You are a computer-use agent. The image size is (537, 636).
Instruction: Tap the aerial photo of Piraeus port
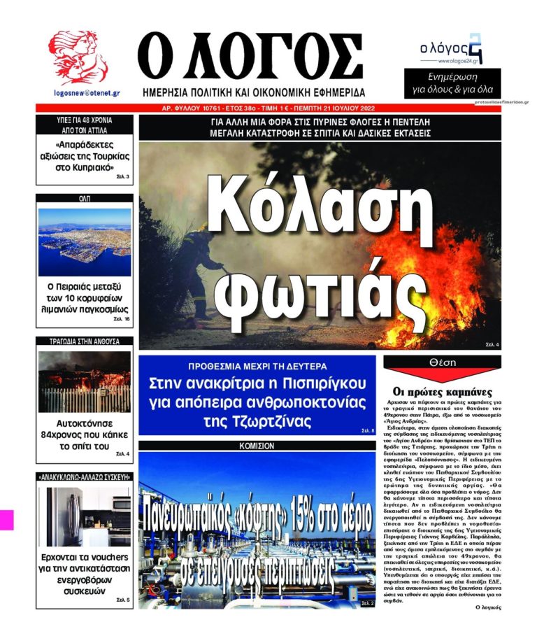pos(85,241)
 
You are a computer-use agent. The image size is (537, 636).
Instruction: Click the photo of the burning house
pos(84,381)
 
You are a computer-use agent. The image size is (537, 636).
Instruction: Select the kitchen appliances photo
pos(84,518)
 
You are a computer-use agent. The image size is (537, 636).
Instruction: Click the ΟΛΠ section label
pos(84,199)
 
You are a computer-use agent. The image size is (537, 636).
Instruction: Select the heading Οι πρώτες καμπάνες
pos(442,392)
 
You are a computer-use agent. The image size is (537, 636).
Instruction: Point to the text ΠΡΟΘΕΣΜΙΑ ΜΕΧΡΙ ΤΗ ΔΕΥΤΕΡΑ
pos(258,366)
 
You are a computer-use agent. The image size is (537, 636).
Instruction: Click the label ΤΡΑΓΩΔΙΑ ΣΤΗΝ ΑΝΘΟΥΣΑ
pos(84,342)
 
